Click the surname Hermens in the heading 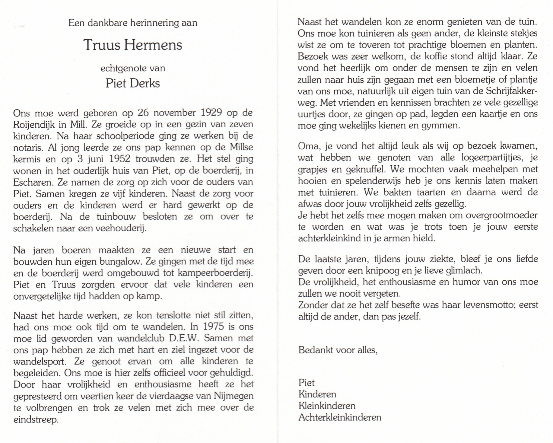(x=153, y=45)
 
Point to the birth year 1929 (x=211, y=113)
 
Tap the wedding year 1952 (x=120, y=159)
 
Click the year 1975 (x=213, y=327)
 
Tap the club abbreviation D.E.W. (x=183, y=338)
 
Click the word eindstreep (x=36, y=419)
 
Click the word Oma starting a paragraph (x=309, y=146)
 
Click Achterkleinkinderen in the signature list (x=340, y=417)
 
